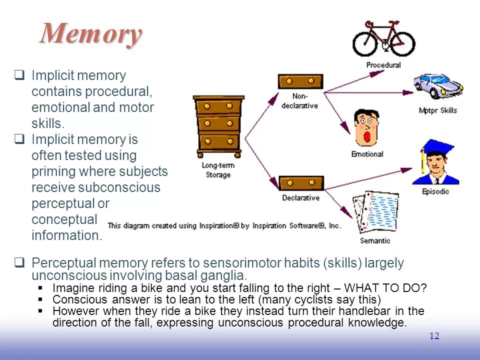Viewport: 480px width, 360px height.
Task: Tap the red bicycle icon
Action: click(x=383, y=39)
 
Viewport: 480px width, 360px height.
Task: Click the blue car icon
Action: click(x=438, y=88)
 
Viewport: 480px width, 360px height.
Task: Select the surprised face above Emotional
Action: click(x=366, y=127)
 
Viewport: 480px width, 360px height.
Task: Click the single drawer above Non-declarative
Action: click(x=300, y=81)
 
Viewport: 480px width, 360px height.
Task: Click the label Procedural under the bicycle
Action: click(x=383, y=65)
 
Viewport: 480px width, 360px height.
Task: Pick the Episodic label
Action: click(x=435, y=191)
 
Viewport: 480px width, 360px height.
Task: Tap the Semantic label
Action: click(x=375, y=241)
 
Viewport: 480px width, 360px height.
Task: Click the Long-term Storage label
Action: click(x=218, y=170)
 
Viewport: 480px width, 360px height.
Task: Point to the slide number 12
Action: click(x=434, y=336)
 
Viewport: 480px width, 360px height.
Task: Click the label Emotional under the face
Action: click(x=367, y=154)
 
